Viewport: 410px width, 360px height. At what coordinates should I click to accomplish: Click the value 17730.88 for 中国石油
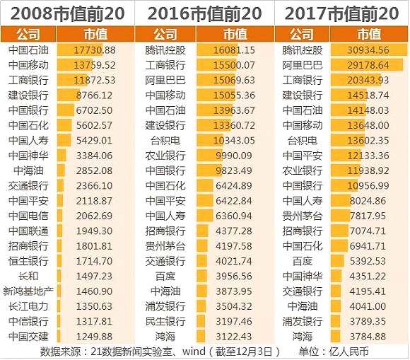tap(95, 50)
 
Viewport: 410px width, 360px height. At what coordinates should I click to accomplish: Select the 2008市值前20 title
tap(67, 13)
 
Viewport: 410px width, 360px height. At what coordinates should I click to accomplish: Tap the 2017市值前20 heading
tap(341, 13)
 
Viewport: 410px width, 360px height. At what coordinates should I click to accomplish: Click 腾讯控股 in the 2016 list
tap(165, 50)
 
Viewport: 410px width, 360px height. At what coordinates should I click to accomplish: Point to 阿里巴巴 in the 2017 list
tap(303, 65)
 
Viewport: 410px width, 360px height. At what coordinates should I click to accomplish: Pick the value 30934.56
tap(368, 50)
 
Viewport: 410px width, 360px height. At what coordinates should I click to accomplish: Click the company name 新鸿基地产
tap(28, 291)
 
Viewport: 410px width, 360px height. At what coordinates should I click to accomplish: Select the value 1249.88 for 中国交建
tap(94, 337)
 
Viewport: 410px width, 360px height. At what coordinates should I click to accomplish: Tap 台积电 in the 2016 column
tap(165, 141)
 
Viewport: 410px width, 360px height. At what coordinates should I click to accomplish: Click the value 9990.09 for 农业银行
tap(234, 156)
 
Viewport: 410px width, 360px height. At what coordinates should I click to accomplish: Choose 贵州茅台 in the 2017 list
tap(303, 216)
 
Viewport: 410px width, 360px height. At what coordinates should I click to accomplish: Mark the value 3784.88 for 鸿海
tap(368, 337)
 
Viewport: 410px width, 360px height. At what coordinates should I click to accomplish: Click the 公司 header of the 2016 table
tap(165, 34)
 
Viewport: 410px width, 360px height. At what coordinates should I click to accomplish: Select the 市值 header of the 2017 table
tap(369, 34)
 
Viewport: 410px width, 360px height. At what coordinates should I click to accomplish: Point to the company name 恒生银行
tap(28, 261)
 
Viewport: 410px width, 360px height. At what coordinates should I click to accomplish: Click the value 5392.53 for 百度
tap(368, 261)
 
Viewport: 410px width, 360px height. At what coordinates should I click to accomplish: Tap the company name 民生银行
tap(165, 321)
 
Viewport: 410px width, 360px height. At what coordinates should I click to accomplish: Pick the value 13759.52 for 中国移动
tap(95, 65)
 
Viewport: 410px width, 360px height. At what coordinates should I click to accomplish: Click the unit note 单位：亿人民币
tap(334, 352)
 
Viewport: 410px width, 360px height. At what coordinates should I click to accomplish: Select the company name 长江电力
tap(28, 306)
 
